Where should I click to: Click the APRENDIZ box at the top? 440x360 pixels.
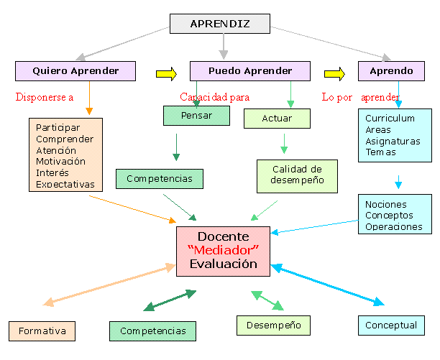220,24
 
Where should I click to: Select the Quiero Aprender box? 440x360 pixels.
76,71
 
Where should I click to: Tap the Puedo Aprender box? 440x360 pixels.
250,71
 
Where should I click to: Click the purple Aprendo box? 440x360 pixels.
391,71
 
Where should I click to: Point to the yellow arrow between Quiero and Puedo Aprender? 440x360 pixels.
166,72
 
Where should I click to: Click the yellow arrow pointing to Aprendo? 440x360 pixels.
334,72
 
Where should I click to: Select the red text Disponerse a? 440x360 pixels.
45,97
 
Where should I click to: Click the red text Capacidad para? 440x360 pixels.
214,96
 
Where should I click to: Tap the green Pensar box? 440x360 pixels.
197,115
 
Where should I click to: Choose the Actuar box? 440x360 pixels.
278,118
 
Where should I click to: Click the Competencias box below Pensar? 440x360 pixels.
159,178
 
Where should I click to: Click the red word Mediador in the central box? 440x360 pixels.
223,250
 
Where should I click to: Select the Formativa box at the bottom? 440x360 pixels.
42,331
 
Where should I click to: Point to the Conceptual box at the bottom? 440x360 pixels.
391,326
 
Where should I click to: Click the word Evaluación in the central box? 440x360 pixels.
223,264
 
